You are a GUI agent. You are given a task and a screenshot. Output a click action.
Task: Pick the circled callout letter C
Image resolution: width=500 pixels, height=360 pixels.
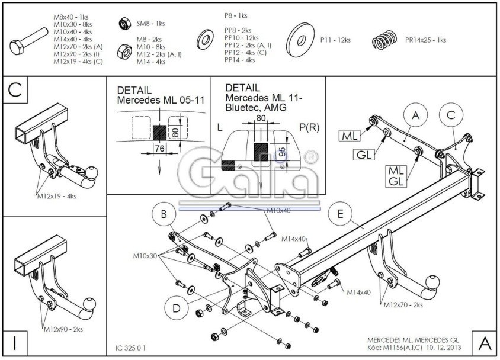(451, 115)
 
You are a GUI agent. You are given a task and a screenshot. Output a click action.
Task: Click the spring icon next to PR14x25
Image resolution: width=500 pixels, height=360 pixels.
(386, 41)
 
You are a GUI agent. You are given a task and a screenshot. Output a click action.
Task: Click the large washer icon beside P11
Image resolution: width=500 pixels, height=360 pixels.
(300, 40)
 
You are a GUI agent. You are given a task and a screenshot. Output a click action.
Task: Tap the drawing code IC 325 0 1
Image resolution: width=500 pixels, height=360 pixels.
(130, 347)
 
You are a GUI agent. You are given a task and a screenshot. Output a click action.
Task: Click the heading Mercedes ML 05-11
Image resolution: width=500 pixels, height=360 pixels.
(160, 100)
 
